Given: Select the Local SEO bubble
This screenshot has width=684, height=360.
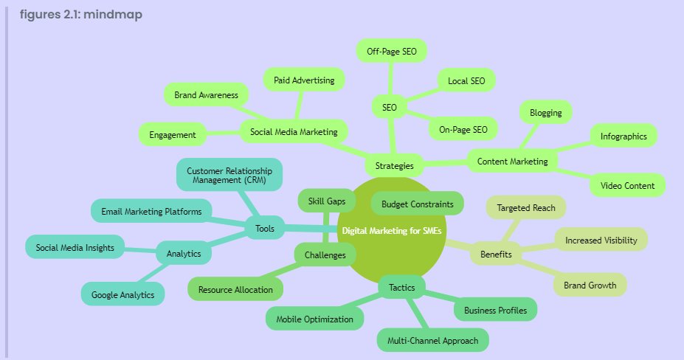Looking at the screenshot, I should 466,80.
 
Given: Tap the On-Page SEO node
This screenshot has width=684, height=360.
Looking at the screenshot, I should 463,130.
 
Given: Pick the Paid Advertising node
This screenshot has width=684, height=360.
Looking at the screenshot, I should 304,80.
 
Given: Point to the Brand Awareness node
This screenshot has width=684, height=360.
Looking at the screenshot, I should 206,95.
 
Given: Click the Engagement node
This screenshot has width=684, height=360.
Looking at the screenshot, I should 172,135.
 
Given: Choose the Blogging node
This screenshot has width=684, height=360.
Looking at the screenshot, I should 546,113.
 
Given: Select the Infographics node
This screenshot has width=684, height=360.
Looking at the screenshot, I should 623,136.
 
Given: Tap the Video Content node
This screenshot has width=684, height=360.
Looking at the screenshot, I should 627,184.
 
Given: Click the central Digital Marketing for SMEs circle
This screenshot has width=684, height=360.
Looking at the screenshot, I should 392,231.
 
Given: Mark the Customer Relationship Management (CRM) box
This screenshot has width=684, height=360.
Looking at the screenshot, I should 229,175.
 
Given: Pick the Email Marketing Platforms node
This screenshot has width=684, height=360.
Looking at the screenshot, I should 151,212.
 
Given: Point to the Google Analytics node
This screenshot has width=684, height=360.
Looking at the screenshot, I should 122,294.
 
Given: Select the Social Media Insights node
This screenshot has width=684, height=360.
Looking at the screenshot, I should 75,247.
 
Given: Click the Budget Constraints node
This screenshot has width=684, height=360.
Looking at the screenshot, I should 418,203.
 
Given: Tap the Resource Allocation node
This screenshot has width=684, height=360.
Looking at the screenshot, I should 235,289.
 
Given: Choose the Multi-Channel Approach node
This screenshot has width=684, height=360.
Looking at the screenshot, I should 433,340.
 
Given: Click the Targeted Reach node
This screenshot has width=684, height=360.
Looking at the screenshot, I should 526,208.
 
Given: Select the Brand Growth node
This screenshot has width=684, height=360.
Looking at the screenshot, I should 590,285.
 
